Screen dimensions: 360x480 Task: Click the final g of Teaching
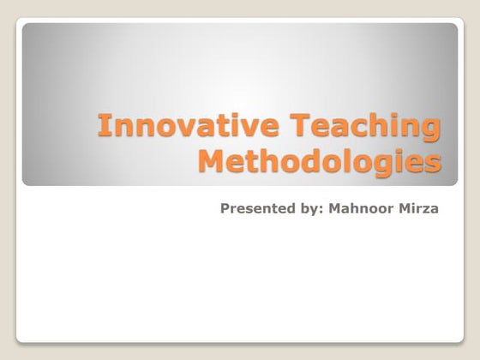(435, 131)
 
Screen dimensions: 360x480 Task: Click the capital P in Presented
(225, 207)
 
